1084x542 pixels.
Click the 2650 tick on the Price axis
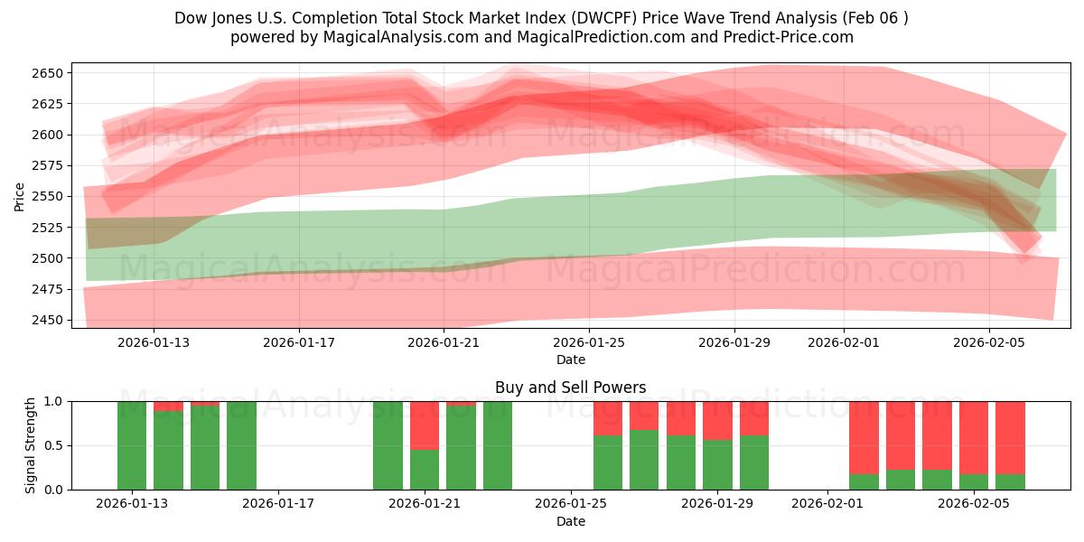tap(51, 73)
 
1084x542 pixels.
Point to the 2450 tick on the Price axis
tap(51, 320)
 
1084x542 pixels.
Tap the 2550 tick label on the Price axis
tap(51, 196)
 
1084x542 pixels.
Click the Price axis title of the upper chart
tap(20, 196)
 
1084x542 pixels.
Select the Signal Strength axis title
tap(30, 445)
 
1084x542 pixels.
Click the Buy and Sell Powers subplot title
tap(570, 388)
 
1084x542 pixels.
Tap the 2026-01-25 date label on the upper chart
tap(589, 342)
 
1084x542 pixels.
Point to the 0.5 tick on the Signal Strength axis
tap(56, 445)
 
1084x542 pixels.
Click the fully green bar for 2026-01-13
tap(132, 445)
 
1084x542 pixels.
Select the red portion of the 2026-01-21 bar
tap(425, 425)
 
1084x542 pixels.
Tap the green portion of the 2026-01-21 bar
tap(425, 470)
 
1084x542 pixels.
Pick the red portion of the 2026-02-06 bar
tap(1010, 437)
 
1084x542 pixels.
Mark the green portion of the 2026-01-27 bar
tap(644, 460)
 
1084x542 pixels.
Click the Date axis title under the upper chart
tap(570, 360)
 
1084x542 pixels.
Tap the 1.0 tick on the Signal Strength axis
tap(56, 401)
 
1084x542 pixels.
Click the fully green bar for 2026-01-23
tap(498, 445)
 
